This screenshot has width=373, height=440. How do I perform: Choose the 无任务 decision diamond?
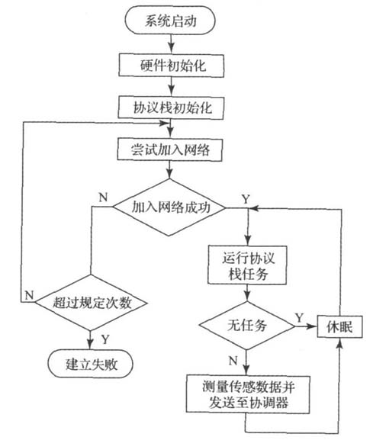247,326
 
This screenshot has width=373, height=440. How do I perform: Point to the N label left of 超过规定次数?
27,292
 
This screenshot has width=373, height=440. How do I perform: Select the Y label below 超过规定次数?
105,336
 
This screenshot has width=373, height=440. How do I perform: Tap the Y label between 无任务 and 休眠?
299,316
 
